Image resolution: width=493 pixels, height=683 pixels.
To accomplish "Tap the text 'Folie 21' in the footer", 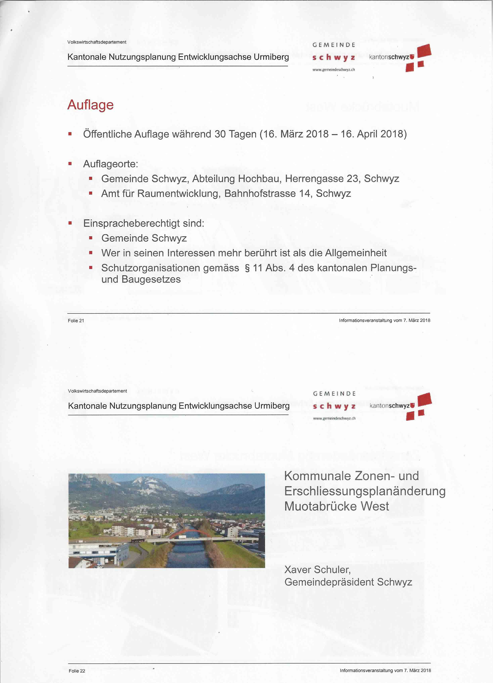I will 76,321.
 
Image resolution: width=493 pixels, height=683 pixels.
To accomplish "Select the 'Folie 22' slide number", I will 77,671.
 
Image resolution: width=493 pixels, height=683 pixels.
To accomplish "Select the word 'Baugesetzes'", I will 151,279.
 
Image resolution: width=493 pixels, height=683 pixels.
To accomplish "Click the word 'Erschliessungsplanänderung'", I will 365,491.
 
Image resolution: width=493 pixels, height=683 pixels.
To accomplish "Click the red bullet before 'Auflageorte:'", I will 70,164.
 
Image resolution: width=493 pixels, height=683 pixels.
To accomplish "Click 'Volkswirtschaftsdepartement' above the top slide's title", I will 97,42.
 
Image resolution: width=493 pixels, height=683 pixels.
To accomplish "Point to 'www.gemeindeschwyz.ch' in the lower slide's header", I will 334,418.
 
